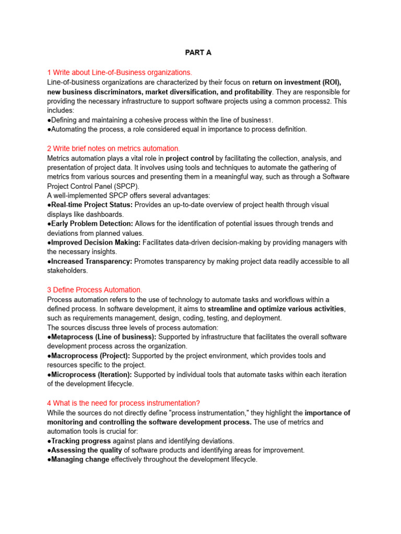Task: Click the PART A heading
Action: pyautogui.click(x=198, y=53)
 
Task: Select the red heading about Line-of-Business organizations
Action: pyautogui.click(x=120, y=72)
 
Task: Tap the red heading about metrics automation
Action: pyautogui.click(x=113, y=149)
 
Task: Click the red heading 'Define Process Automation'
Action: pyautogui.click(x=95, y=289)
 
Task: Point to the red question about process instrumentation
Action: pyautogui.click(x=124, y=403)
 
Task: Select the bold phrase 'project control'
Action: pyautogui.click(x=190, y=158)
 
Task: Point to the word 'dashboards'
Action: pyautogui.click(x=105, y=214)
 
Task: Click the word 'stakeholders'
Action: pyautogui.click(x=67, y=271)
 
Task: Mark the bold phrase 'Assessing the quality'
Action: pyautogui.click(x=86, y=450)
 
